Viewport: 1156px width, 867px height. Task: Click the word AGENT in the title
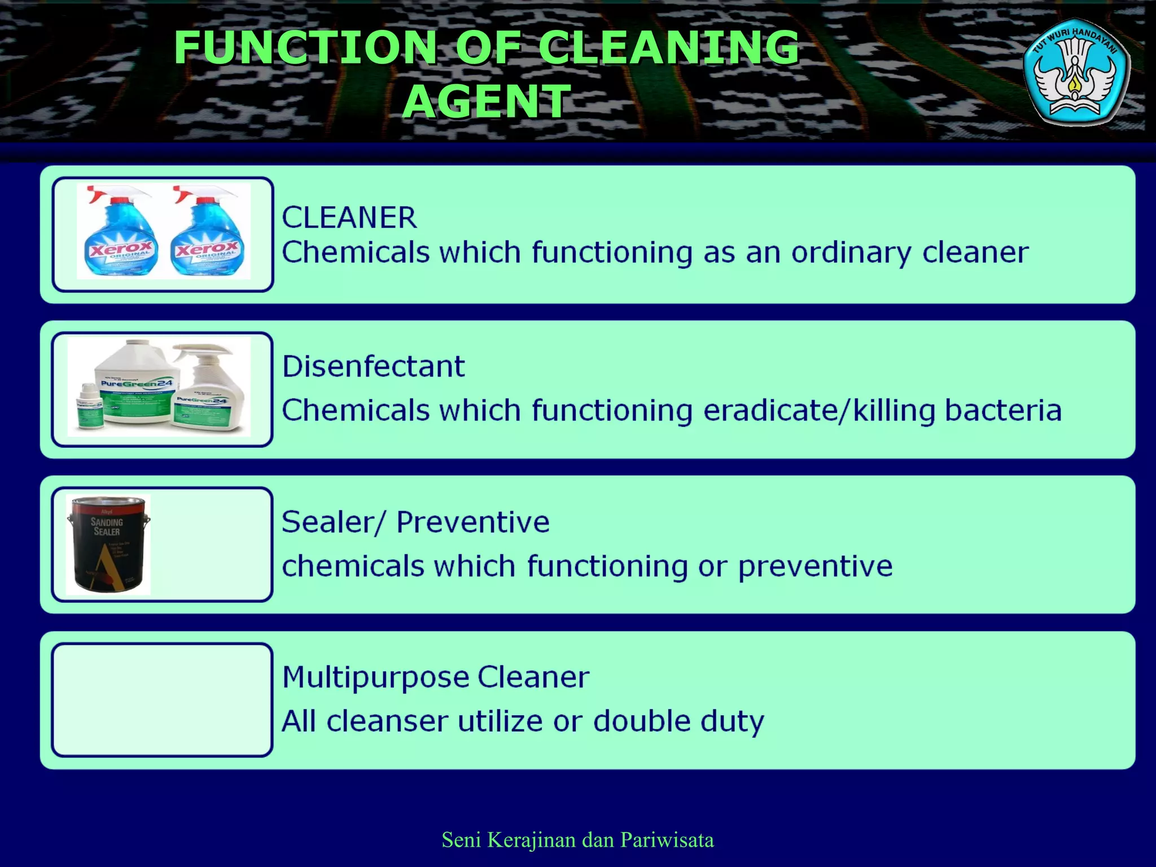[487, 101]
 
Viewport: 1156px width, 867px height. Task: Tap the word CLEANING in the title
[668, 47]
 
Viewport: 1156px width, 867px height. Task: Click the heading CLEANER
[349, 218]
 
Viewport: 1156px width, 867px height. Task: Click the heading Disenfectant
[373, 367]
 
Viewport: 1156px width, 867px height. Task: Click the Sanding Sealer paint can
[108, 545]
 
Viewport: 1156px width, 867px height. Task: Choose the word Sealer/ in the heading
[333, 522]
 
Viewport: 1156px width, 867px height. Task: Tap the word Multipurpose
[375, 678]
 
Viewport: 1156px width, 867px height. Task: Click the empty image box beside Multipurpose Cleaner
[162, 700]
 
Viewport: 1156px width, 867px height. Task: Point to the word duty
[732, 722]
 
